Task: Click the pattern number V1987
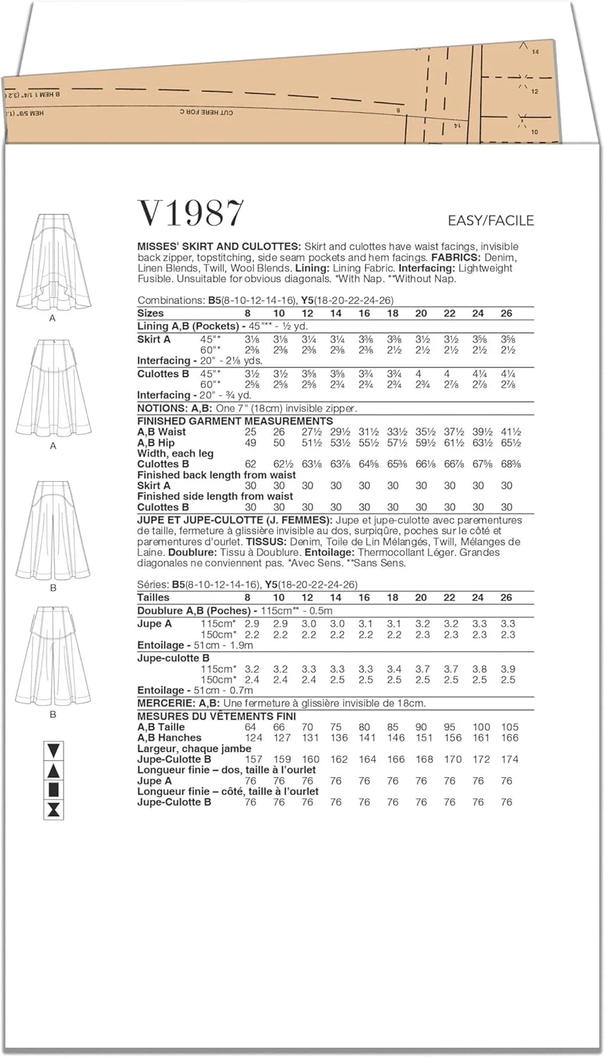190,214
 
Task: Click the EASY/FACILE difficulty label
491,221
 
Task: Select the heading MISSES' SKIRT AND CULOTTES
219,247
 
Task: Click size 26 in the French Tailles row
506,598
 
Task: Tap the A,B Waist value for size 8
250,432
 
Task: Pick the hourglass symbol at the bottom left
54,810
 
